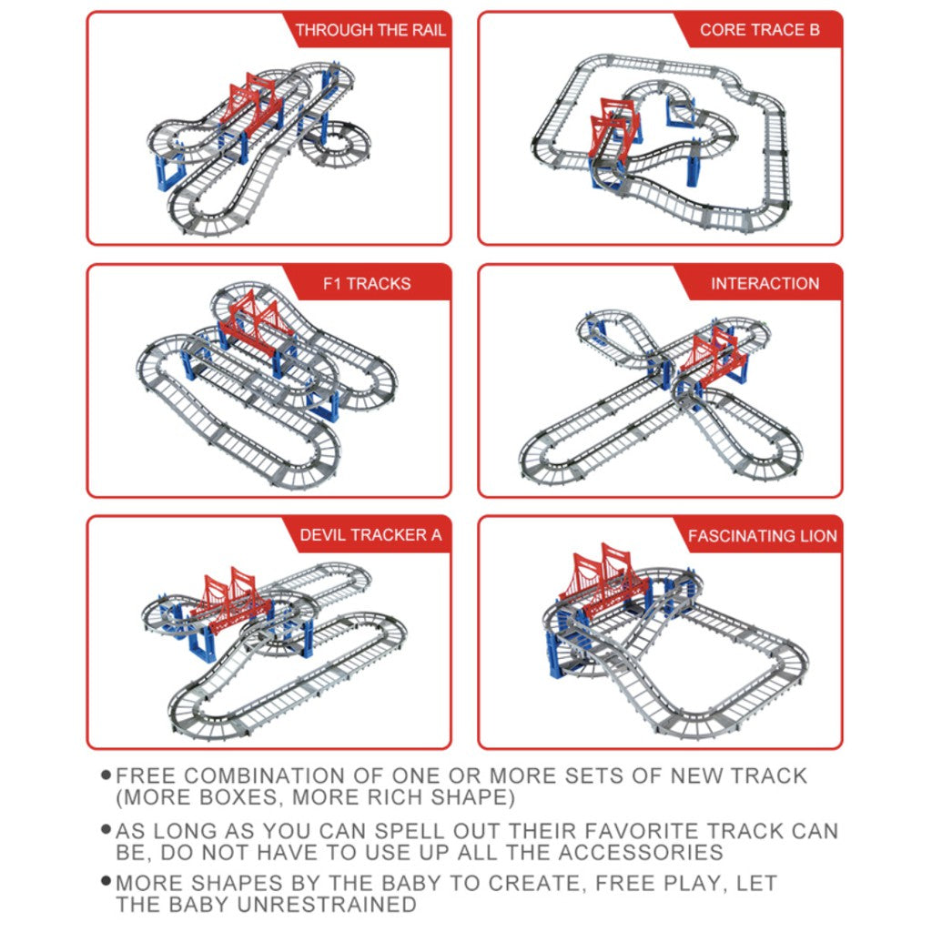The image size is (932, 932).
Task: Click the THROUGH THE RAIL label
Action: [370, 30]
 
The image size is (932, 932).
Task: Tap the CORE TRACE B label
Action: [760, 30]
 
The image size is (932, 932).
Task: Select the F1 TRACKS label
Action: [367, 284]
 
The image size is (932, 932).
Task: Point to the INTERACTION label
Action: [765, 284]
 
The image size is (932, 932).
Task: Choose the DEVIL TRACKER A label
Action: [370, 535]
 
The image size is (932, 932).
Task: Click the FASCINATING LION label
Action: [763, 536]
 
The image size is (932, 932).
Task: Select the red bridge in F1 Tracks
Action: [256, 324]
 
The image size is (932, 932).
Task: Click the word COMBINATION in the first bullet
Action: [263, 775]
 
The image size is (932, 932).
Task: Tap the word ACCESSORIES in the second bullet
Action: [641, 852]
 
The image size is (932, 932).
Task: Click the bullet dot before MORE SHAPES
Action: [106, 881]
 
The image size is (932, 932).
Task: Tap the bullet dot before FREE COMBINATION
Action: [106, 775]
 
